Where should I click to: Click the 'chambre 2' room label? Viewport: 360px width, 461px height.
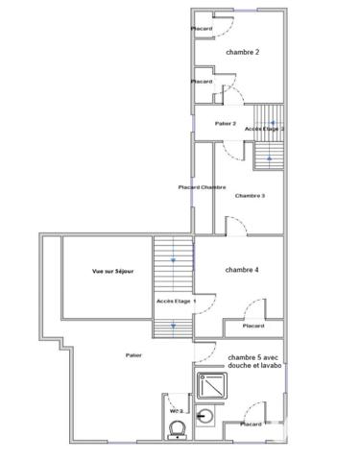[242, 52]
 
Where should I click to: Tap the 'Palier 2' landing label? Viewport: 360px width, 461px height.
[226, 124]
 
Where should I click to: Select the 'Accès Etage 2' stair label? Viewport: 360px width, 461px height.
[265, 129]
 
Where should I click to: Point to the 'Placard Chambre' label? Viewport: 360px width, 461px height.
[203, 186]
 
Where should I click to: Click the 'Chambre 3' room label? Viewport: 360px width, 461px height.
[250, 196]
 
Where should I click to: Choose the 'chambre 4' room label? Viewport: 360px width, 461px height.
[242, 270]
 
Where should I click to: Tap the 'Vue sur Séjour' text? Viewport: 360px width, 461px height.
[112, 273]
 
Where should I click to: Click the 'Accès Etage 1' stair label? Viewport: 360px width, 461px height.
[175, 302]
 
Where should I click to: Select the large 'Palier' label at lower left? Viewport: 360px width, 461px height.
[133, 354]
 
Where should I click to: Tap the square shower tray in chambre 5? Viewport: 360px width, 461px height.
[210, 386]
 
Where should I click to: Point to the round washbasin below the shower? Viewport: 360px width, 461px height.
[210, 417]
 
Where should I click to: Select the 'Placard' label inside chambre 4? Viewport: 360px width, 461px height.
[253, 326]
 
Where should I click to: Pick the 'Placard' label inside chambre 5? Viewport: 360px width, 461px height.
[250, 424]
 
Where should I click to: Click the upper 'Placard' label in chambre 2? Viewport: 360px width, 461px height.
[202, 29]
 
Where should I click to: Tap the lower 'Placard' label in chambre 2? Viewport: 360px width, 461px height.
[202, 82]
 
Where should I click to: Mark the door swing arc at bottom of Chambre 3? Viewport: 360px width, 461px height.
[236, 224]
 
